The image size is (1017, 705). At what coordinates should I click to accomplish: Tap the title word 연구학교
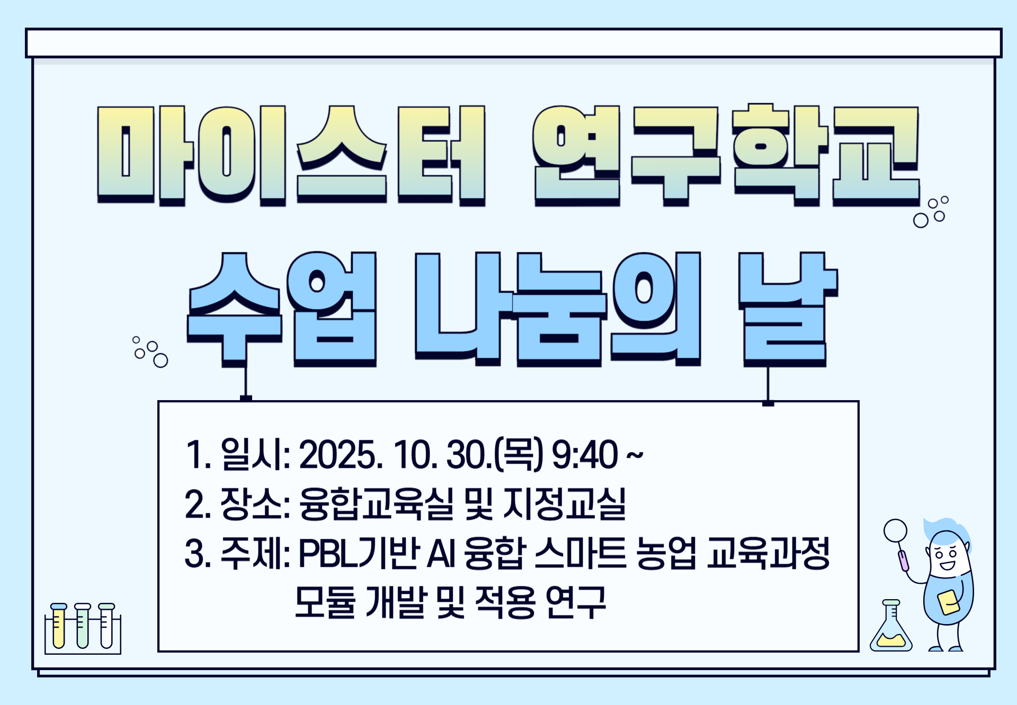click(726, 155)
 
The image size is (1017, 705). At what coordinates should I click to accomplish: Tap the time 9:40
click(584, 454)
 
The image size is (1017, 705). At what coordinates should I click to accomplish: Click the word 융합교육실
click(377, 503)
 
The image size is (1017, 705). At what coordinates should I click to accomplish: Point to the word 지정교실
click(565, 503)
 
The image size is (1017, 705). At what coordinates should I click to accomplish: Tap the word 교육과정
click(768, 553)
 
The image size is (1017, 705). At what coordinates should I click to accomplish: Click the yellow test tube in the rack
click(58, 626)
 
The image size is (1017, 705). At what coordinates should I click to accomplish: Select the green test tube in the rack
click(83, 626)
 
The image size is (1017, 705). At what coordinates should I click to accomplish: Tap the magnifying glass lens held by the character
click(895, 530)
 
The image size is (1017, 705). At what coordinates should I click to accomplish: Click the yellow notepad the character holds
click(948, 602)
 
